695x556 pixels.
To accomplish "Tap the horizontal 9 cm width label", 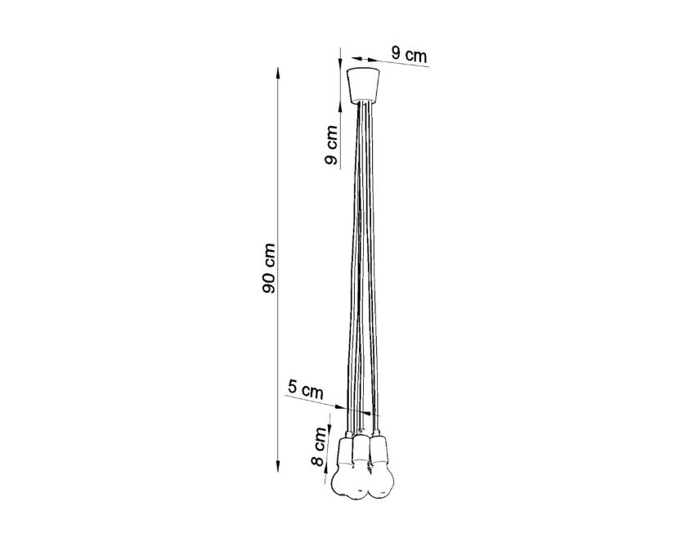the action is pos(409,56).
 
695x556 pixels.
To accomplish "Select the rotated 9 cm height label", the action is pos(331,145).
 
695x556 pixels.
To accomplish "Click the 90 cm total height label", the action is pos(269,268).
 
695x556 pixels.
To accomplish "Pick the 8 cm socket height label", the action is pos(320,446).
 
